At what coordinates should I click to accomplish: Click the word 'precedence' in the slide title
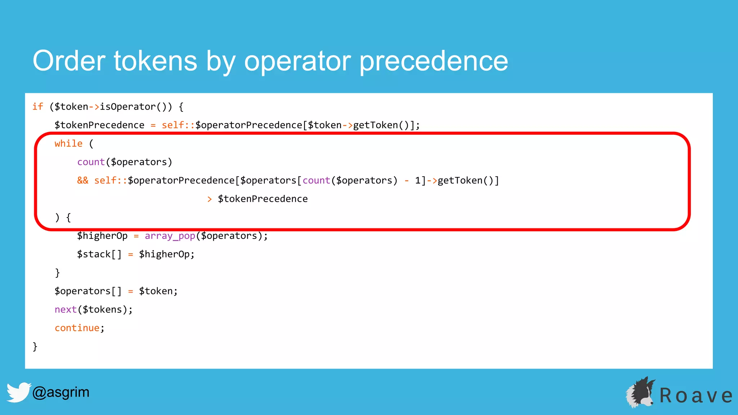click(434, 61)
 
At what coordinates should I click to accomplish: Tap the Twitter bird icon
click(18, 392)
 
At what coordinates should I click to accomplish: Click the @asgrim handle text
click(61, 392)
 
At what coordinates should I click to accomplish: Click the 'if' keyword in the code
click(37, 107)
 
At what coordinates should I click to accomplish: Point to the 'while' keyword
click(68, 144)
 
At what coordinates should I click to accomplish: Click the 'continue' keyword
click(77, 328)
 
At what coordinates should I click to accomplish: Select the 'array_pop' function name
click(170, 236)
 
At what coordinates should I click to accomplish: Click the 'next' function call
click(66, 309)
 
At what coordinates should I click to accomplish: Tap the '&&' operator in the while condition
click(83, 180)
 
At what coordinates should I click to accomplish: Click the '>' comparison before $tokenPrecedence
click(209, 199)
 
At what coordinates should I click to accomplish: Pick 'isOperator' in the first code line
click(128, 107)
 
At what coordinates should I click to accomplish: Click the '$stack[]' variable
click(99, 254)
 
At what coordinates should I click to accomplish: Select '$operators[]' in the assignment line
click(88, 291)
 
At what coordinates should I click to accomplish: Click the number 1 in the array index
click(418, 180)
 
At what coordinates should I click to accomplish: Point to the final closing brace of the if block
click(35, 347)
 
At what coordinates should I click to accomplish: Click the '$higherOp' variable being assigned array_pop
click(102, 236)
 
